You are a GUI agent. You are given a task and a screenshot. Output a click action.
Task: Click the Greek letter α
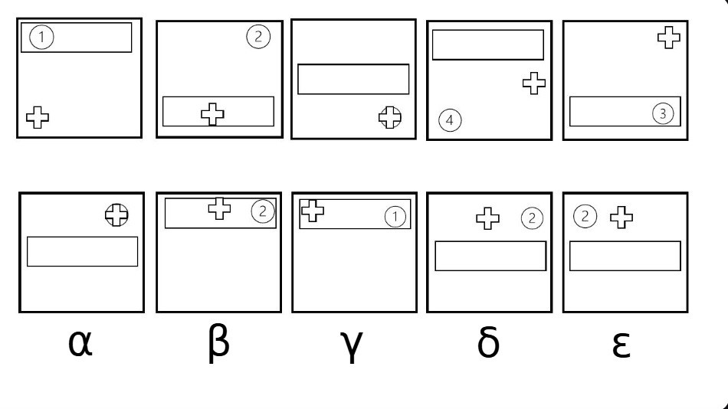[80, 344]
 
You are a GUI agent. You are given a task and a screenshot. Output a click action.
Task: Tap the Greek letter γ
[353, 346]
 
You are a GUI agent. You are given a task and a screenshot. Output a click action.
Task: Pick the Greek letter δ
[488, 342]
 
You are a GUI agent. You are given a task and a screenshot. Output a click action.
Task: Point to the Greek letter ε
[621, 344]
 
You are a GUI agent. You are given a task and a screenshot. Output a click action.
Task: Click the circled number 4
[450, 120]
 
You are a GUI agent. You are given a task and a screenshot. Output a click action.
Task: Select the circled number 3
[663, 113]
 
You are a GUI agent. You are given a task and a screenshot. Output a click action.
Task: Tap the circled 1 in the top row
[41, 37]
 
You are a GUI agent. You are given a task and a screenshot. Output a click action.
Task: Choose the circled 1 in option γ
[395, 216]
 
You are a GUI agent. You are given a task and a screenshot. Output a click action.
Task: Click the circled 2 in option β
[263, 211]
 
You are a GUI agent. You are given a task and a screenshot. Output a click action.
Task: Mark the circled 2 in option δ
[532, 218]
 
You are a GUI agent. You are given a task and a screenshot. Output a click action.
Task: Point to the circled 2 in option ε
[585, 216]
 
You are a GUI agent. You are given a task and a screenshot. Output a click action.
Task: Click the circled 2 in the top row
[258, 37]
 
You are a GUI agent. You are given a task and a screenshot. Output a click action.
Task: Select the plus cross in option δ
[488, 218]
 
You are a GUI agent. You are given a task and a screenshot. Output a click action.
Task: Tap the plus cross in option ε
[621, 218]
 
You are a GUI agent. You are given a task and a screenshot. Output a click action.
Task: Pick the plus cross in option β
[220, 208]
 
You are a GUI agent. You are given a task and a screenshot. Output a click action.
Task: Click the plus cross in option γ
[313, 211]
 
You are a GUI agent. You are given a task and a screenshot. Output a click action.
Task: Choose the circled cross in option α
[116, 215]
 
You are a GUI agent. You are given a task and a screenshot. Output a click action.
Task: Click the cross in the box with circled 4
[534, 83]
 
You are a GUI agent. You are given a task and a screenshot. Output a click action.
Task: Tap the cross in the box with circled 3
[669, 38]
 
